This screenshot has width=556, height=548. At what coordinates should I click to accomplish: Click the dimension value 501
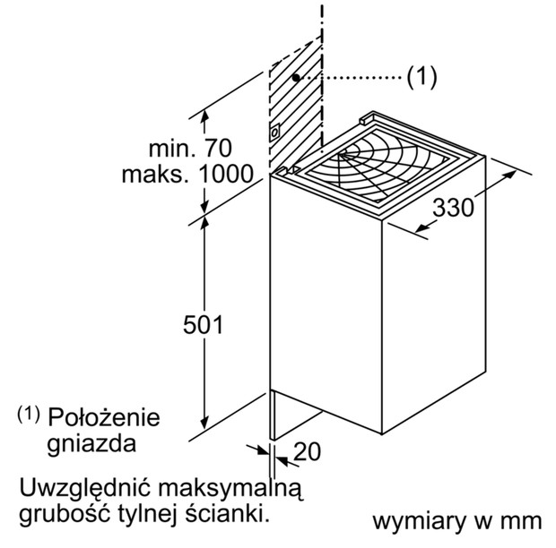[204, 324]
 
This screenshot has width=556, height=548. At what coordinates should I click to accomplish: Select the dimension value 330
[453, 208]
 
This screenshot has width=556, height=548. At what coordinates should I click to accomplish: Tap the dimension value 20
[307, 451]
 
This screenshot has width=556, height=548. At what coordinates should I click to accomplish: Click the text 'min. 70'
[190, 149]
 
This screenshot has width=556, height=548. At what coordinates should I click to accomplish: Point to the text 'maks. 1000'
[187, 175]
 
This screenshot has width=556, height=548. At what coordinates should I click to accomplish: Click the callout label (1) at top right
[421, 76]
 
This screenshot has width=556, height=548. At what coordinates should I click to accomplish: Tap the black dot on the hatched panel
[296, 77]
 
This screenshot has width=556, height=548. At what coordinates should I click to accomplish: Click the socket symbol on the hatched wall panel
[274, 133]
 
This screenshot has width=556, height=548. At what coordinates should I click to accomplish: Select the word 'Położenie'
[104, 417]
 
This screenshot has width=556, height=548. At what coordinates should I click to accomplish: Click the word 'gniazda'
[91, 443]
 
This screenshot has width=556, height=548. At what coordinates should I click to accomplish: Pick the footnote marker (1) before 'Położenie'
[29, 414]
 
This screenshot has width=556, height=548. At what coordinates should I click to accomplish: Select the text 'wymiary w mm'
[457, 521]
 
